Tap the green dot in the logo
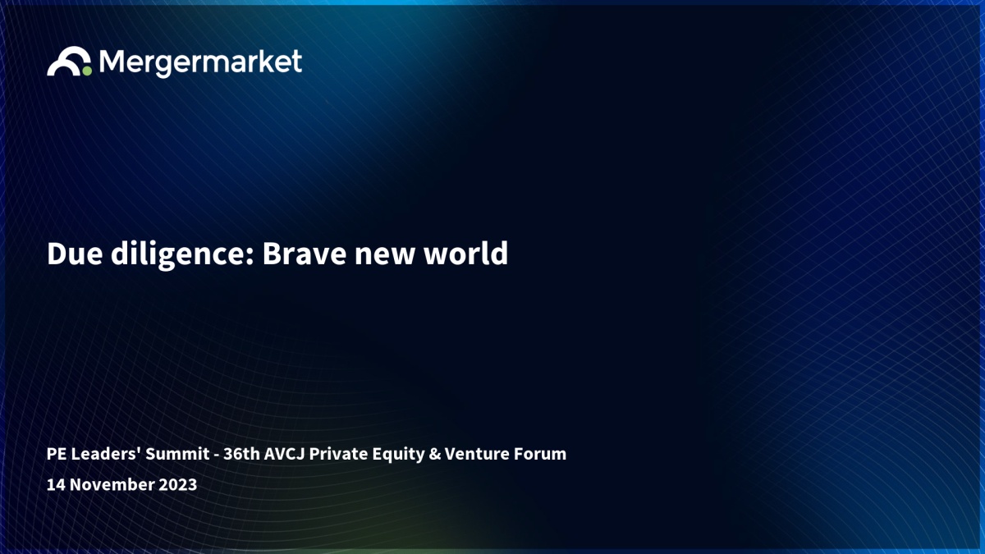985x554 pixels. (x=87, y=71)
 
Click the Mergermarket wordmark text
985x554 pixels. (x=200, y=63)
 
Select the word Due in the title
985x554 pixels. (x=75, y=254)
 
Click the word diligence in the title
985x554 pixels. (x=182, y=255)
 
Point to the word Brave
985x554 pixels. (x=305, y=254)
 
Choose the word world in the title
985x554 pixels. (x=465, y=254)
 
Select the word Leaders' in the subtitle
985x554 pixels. (x=106, y=454)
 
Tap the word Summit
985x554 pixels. (x=177, y=454)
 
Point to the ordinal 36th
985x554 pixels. (x=242, y=454)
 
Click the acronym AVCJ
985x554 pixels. (x=284, y=454)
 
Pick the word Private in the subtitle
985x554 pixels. (x=338, y=454)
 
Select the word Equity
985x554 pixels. (x=398, y=455)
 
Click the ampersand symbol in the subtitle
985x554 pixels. (x=434, y=454)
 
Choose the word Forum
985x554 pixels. (x=540, y=454)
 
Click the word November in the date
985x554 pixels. (x=112, y=485)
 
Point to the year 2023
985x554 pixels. (x=177, y=485)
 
